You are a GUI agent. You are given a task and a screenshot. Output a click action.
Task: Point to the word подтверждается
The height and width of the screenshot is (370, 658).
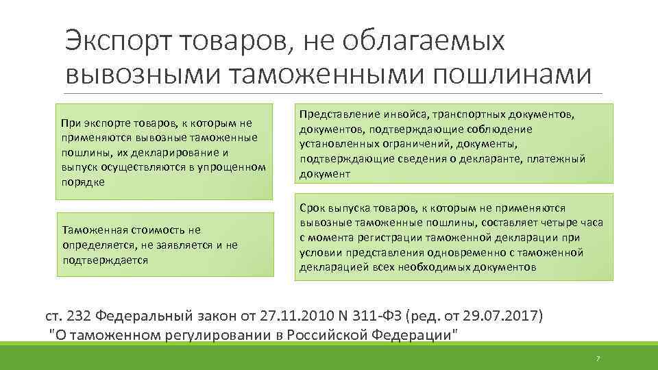pos(105,260)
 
